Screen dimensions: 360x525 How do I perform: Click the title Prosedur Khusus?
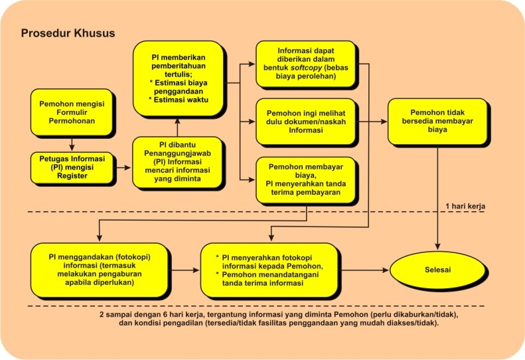[x=68, y=33]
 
